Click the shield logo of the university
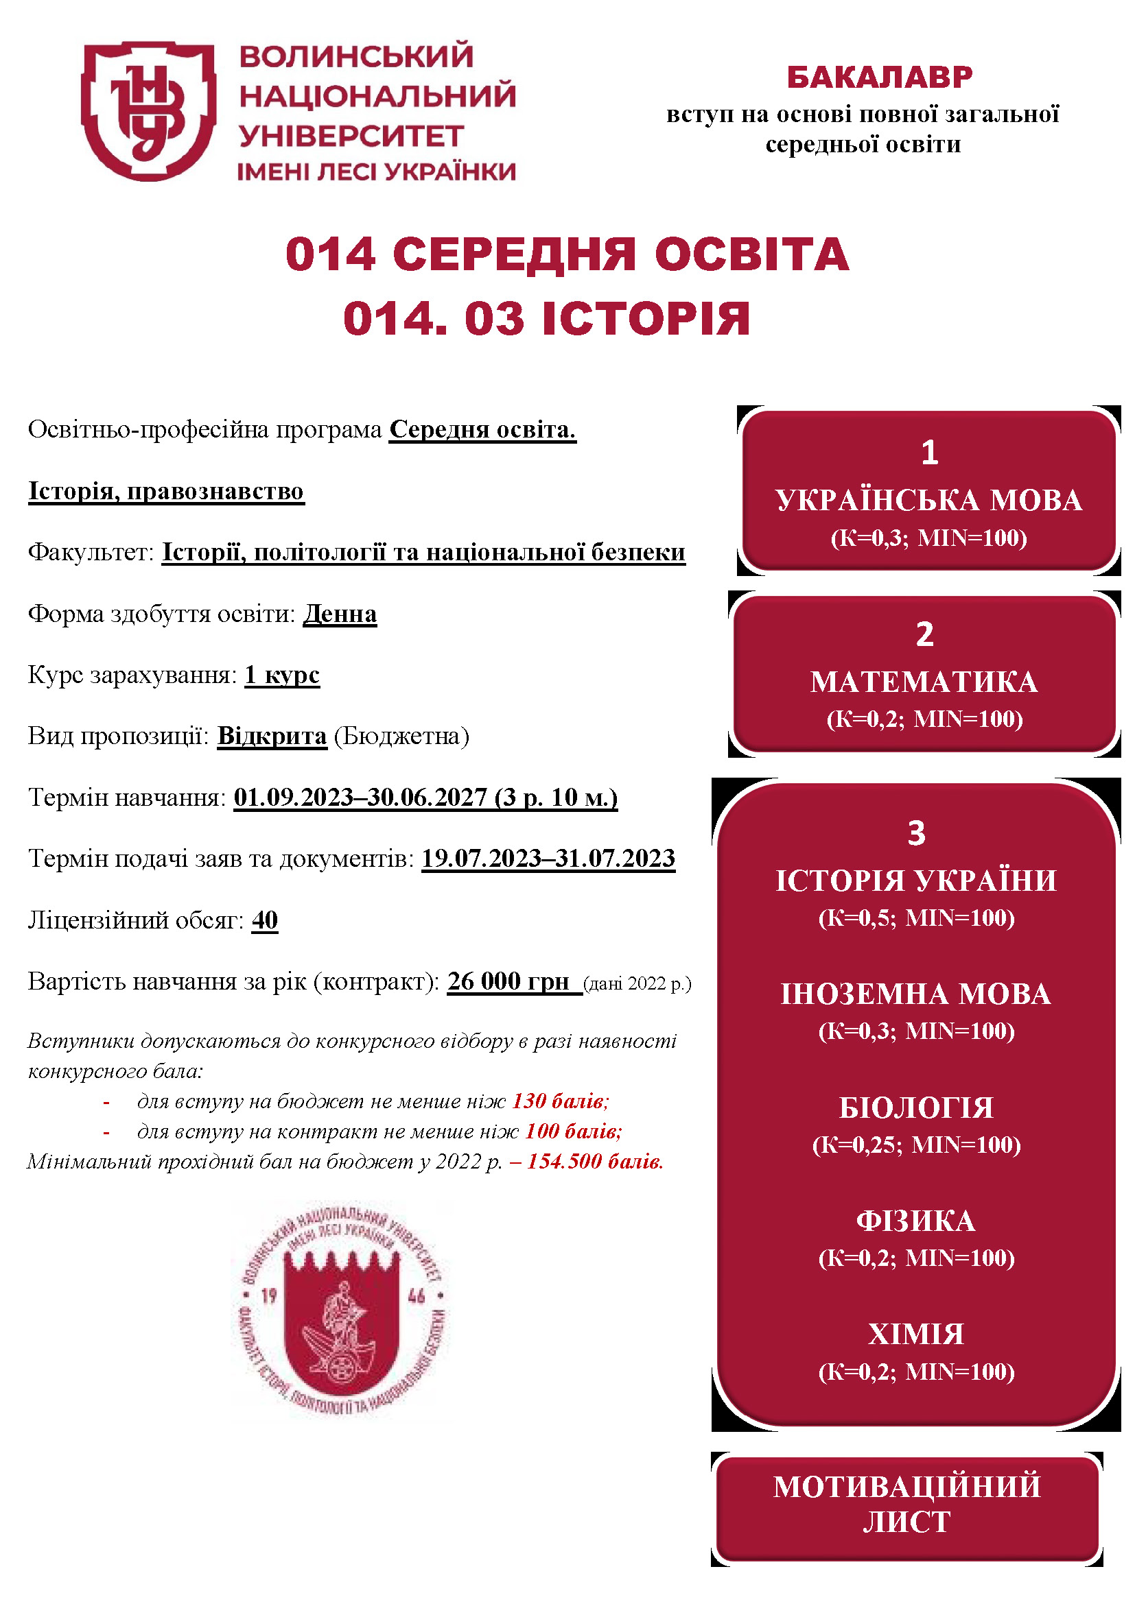tap(148, 110)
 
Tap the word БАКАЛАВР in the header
tap(879, 77)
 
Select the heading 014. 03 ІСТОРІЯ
tap(546, 319)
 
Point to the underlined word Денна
tap(340, 614)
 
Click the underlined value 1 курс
tap(281, 675)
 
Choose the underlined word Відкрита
tap(272, 737)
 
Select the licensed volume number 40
tap(264, 920)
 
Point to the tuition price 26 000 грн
tap(508, 981)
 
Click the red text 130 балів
tap(560, 1102)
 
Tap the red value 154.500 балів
tap(595, 1162)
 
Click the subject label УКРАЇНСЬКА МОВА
tap(928, 501)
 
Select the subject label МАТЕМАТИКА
tap(923, 682)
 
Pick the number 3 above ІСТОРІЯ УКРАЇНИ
tap(915, 833)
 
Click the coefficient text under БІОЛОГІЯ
tap(915, 1145)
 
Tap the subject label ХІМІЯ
tap(915, 1334)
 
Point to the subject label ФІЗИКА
tap(915, 1221)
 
